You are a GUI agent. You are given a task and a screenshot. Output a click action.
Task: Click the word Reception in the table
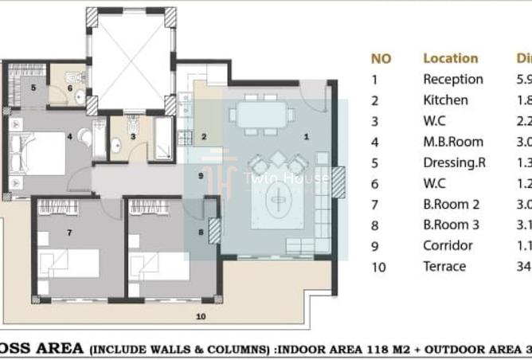pos(452,80)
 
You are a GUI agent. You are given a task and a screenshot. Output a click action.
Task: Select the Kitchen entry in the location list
pos(445,100)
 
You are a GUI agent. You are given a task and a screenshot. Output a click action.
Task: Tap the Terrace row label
pos(444,266)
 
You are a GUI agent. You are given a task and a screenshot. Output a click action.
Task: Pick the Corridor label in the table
pos(448,245)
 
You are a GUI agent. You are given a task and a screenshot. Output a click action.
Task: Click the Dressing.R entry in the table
pos(454,162)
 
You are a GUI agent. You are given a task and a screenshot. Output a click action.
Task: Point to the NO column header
pos(381,58)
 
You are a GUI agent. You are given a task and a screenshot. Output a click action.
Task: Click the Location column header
pos(450,58)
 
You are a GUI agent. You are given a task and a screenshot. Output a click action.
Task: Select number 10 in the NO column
pos(379,267)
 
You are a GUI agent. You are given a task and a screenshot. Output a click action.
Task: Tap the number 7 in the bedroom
pos(70,233)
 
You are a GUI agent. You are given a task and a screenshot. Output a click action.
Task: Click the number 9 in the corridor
pos(201,175)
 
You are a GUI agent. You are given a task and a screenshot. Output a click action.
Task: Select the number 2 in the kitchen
pos(205,137)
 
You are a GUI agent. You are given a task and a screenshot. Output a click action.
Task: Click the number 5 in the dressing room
pos(33,88)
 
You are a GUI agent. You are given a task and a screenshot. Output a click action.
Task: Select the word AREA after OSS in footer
pos(56,348)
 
